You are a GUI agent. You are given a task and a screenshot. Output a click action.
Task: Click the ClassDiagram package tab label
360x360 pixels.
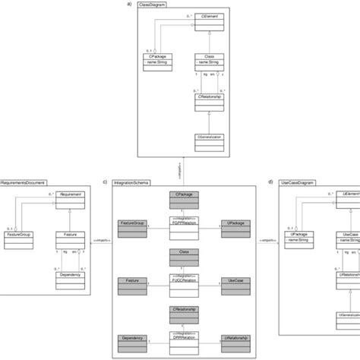click(155, 5)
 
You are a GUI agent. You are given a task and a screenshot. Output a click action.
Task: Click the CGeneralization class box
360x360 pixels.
click(207, 141)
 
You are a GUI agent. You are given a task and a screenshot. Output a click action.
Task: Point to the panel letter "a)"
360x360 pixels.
click(129, 5)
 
